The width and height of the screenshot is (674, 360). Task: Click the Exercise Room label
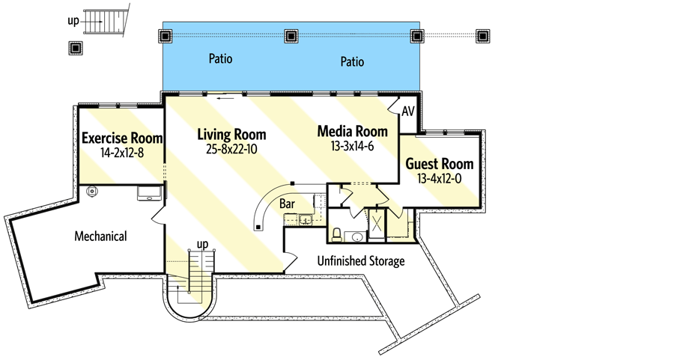[x=122, y=138]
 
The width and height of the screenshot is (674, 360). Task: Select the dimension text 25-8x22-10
[x=231, y=148]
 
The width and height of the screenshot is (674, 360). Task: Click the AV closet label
[x=408, y=112]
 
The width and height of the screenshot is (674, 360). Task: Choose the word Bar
[x=287, y=203]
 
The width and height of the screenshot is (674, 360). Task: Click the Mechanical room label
[x=100, y=236]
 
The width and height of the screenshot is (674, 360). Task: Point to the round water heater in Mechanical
[x=93, y=192]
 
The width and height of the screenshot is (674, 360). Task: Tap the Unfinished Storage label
[x=362, y=261]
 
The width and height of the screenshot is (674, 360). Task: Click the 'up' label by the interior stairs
[x=201, y=244]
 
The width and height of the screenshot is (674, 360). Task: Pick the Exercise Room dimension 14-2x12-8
[x=122, y=152]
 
